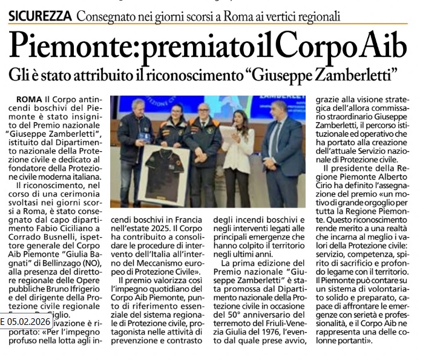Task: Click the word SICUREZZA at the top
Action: pos(40,14)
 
